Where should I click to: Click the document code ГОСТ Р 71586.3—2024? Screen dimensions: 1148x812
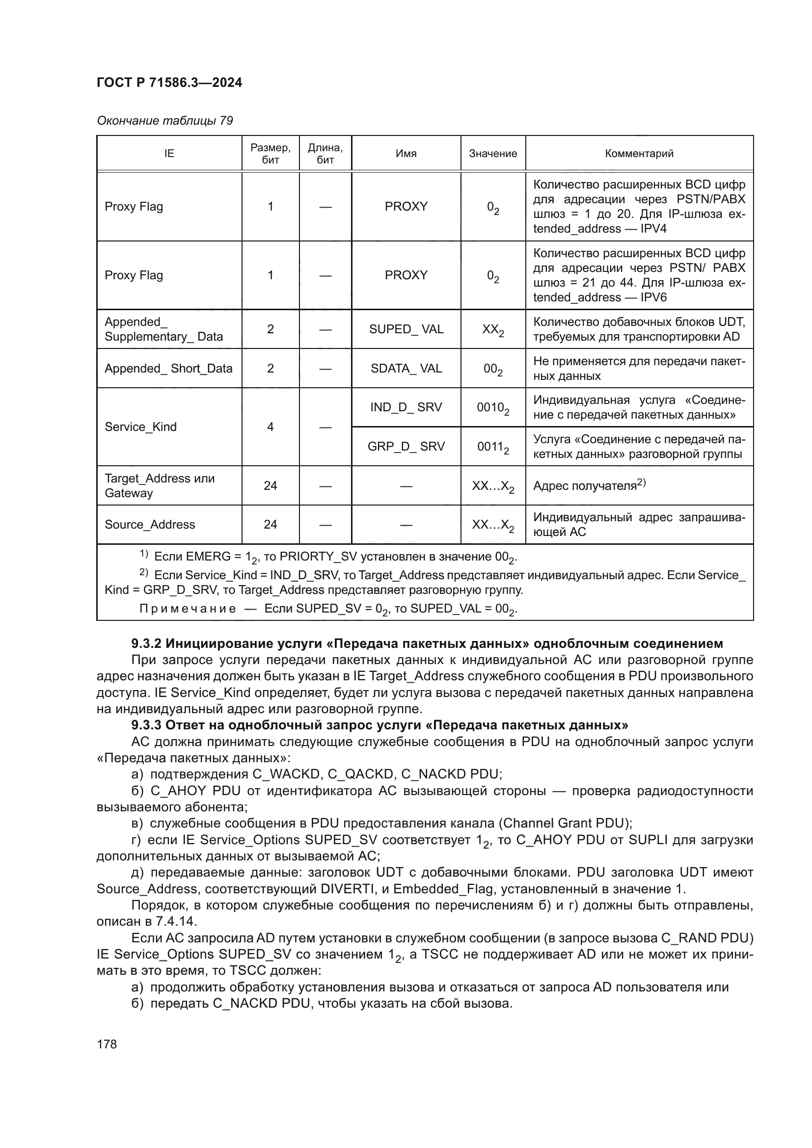169,82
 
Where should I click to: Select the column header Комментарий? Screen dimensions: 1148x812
639,154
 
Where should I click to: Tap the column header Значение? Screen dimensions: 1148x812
492,154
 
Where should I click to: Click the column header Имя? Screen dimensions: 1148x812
406,154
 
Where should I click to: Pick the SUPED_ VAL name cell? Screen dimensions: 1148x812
406,329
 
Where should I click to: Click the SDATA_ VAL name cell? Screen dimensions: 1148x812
406,369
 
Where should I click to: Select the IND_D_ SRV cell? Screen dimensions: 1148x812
406,407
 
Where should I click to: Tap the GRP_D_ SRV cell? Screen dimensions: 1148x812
406,446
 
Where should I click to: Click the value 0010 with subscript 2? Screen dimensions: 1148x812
492,408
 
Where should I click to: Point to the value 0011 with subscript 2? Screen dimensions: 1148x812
492,447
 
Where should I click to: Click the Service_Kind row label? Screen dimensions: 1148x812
140,427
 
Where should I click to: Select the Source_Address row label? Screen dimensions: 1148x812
150,525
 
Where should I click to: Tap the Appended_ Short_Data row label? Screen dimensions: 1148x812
168,369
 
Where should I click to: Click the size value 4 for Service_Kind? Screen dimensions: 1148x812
270,427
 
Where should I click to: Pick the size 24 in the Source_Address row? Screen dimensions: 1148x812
270,525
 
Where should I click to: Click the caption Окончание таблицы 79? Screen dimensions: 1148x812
164,121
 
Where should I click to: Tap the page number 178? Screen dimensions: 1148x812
107,1044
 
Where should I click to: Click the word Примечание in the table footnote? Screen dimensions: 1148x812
187,609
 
